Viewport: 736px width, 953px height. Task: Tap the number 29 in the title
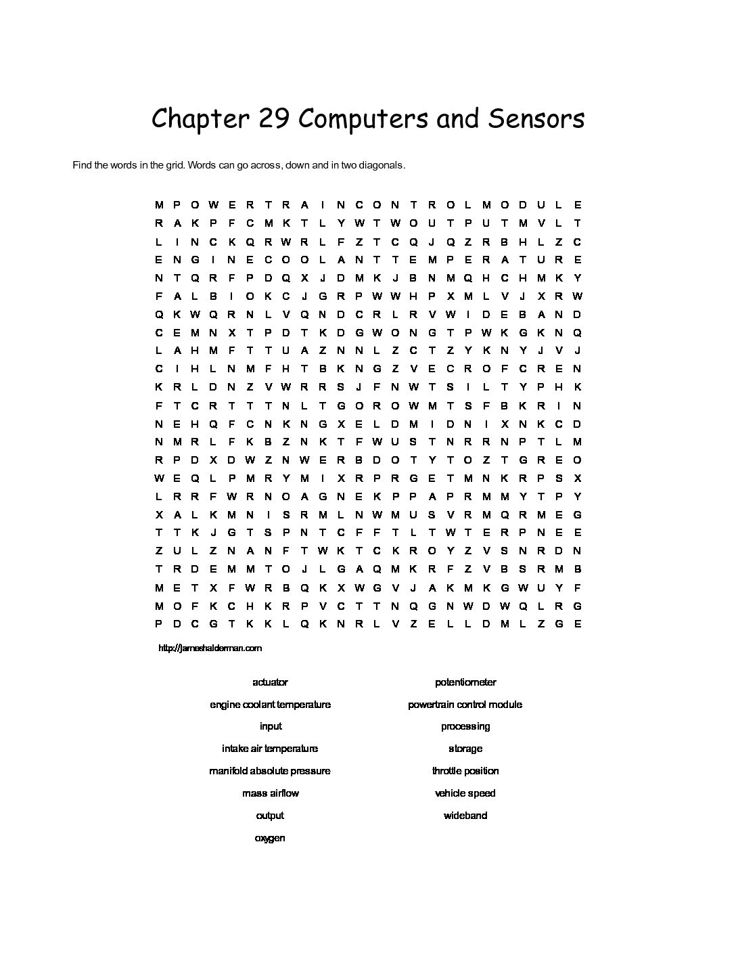tap(274, 119)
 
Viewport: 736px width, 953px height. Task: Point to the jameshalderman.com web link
tap(210, 648)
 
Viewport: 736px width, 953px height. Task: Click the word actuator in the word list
tap(270, 682)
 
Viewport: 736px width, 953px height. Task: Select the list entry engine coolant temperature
tap(270, 705)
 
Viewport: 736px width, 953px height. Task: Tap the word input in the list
tap(270, 726)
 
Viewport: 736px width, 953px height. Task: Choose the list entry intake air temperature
tap(270, 749)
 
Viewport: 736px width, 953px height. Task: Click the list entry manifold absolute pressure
tap(270, 771)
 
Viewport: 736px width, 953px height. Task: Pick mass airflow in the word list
tap(270, 793)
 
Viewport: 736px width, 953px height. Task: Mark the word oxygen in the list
tap(270, 838)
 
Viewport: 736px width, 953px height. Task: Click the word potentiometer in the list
tap(465, 682)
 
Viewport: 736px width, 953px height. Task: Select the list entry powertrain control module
tap(465, 705)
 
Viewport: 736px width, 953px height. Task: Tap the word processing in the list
tap(465, 726)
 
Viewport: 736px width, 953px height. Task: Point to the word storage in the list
tap(465, 749)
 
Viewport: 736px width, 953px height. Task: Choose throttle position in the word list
tap(465, 771)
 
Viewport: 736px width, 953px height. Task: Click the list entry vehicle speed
tap(465, 793)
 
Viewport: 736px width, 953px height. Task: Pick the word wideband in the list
tap(465, 816)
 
